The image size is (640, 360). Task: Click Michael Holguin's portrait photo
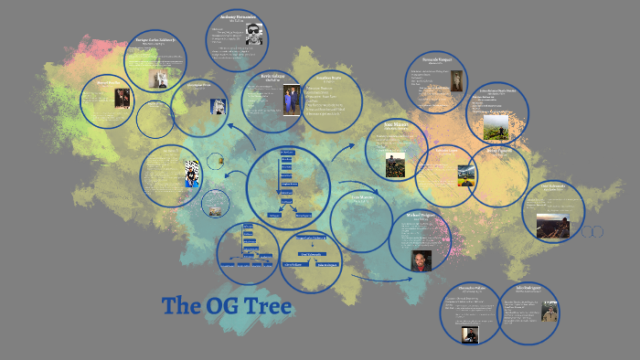421,259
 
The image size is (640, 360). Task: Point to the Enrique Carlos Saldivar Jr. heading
156,41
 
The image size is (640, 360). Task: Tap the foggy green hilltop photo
496,124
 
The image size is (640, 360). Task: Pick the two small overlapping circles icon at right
593,232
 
